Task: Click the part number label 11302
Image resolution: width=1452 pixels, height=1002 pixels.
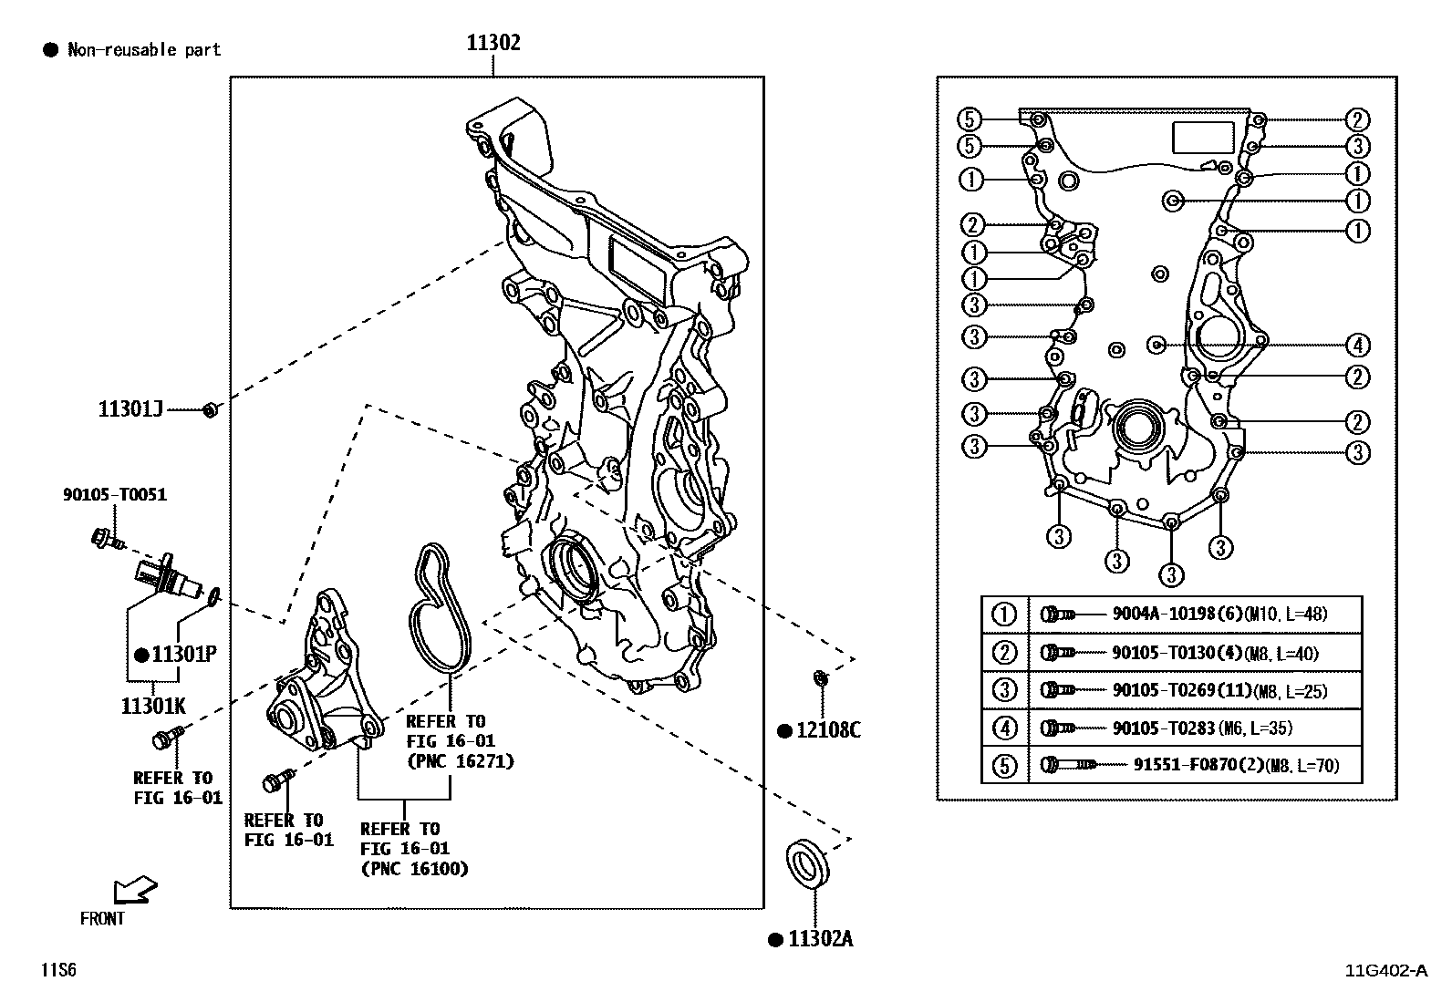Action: point(493,43)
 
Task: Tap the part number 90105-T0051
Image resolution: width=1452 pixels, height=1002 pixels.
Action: point(115,495)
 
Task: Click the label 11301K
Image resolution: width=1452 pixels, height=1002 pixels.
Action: point(153,706)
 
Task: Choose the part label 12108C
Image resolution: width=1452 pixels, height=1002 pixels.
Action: point(828,730)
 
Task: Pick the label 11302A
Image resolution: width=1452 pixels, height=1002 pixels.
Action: point(820,939)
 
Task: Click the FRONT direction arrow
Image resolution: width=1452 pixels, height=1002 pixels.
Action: point(134,890)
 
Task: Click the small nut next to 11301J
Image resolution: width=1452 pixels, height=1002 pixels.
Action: point(209,410)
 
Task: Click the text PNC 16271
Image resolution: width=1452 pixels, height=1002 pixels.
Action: point(460,761)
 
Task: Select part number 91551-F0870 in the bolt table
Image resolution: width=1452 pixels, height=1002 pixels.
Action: point(1184,765)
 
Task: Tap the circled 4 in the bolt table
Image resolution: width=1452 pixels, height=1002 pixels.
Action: point(1003,728)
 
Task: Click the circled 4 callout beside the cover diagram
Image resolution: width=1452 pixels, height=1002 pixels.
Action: point(1357,346)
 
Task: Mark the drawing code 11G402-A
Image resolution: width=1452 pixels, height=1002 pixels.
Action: point(1385,970)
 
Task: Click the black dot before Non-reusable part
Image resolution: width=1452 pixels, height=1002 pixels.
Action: point(50,50)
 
